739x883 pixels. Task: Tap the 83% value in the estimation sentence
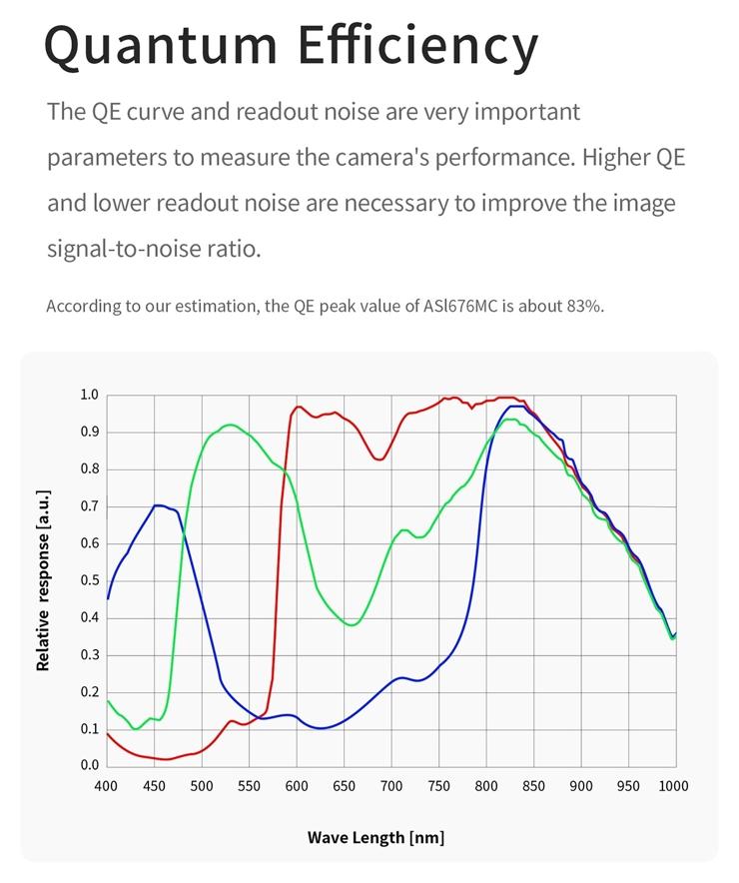pyautogui.click(x=584, y=306)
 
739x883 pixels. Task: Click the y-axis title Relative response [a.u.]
pyautogui.click(x=43, y=579)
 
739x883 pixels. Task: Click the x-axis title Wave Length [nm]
pyautogui.click(x=375, y=837)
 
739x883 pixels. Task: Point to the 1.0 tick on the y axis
pyautogui.click(x=89, y=395)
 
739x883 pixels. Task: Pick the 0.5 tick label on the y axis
pyautogui.click(x=89, y=580)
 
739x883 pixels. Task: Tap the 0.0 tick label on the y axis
pyautogui.click(x=89, y=765)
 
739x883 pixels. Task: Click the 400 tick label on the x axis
pyautogui.click(x=106, y=786)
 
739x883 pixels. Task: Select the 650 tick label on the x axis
pyautogui.click(x=344, y=786)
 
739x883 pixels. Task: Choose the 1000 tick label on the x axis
pyautogui.click(x=674, y=786)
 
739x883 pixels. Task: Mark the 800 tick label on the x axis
pyautogui.click(x=485, y=786)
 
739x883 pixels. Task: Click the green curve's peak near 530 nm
pyautogui.click(x=230, y=426)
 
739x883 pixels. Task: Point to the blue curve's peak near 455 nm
pyautogui.click(x=158, y=505)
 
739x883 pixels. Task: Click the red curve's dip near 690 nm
pyautogui.click(x=378, y=459)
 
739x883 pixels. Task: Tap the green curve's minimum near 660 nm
pyautogui.click(x=352, y=625)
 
